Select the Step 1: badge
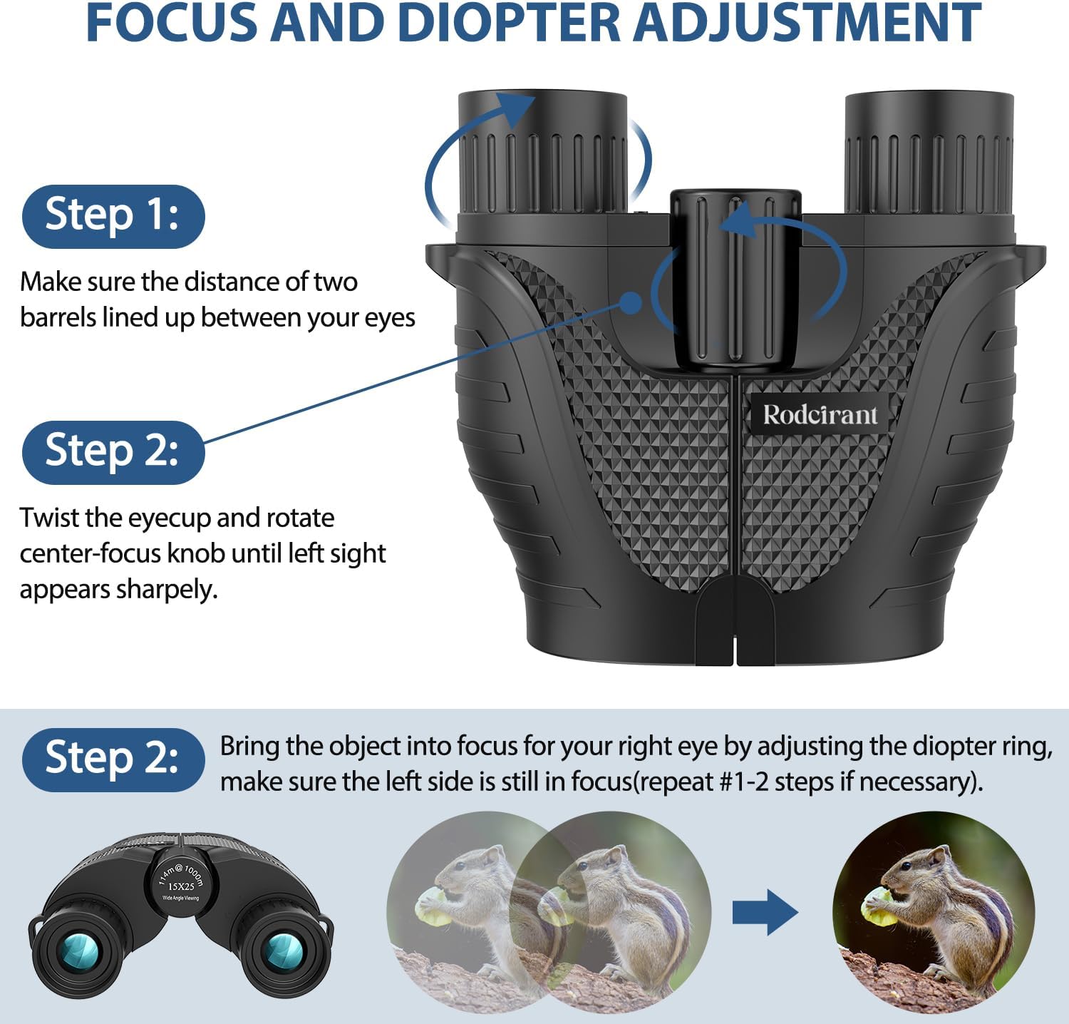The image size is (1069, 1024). [113, 216]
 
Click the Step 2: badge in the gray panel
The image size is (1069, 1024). [113, 759]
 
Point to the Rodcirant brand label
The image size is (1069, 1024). [820, 414]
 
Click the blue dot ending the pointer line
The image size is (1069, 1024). [631, 302]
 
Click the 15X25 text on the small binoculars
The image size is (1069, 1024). [181, 886]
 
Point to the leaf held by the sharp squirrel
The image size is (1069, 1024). [878, 908]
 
